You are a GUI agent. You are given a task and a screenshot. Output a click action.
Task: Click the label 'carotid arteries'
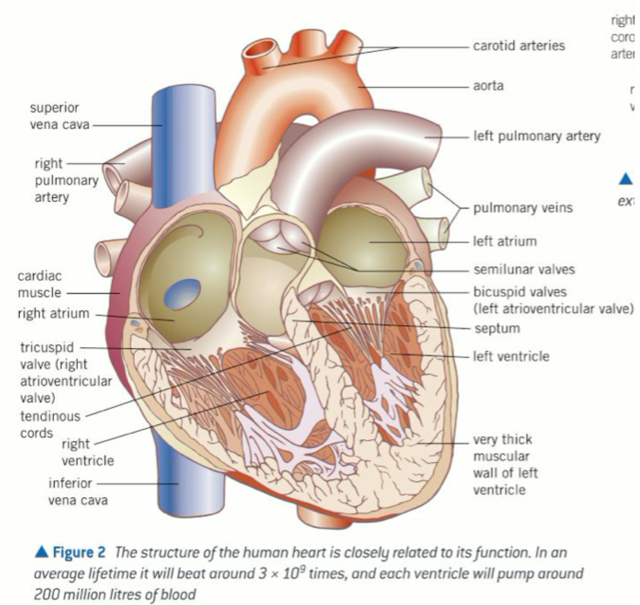click(x=519, y=46)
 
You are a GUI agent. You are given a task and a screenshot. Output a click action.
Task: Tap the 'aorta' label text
click(x=488, y=86)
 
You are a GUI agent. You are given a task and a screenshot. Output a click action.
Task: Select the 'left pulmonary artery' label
click(x=537, y=136)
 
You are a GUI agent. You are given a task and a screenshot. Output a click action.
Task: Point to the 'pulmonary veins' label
click(x=523, y=208)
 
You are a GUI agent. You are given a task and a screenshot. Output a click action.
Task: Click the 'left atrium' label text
click(x=505, y=241)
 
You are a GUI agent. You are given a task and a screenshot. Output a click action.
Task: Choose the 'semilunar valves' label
click(x=524, y=269)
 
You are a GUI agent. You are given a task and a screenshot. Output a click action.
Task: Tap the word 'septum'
click(x=497, y=328)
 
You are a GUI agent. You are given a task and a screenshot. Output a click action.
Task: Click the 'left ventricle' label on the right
click(x=511, y=356)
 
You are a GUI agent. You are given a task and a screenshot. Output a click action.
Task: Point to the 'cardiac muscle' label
click(x=40, y=284)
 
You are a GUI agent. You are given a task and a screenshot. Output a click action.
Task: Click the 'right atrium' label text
click(x=53, y=313)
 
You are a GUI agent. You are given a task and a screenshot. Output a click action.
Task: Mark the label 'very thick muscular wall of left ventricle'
click(x=505, y=464)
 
